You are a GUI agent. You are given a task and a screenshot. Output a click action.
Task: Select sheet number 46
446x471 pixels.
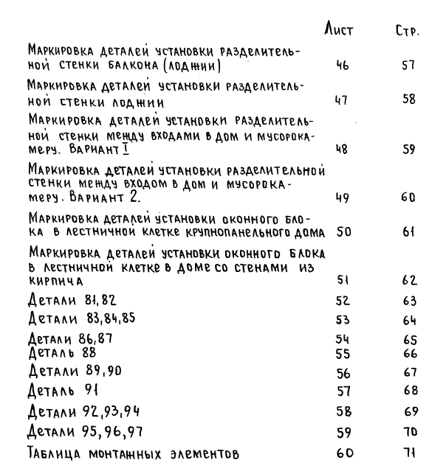coord(342,66)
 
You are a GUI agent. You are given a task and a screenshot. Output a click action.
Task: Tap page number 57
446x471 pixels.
coord(409,66)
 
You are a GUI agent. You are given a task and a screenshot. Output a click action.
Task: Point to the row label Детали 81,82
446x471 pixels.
coord(72,300)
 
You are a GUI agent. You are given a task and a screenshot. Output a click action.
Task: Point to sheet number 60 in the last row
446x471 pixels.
coord(343,452)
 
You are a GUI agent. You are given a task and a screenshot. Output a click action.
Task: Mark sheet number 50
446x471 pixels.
coord(343,233)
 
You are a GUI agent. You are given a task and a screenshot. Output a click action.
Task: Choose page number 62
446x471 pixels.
coord(410,281)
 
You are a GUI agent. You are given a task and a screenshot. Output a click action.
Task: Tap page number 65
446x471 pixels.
coord(410,341)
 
